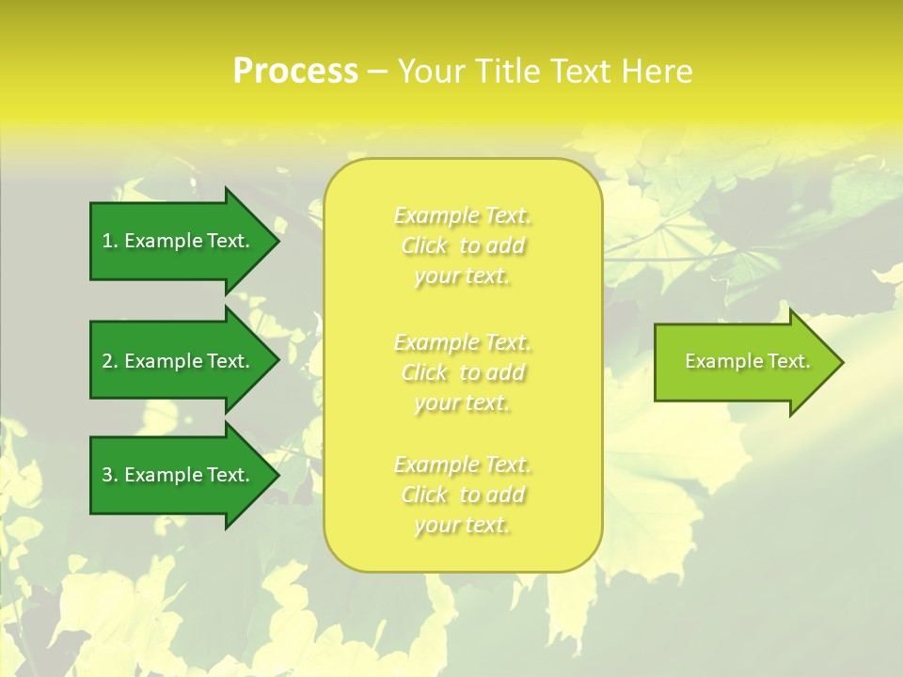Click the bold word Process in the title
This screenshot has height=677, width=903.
295,71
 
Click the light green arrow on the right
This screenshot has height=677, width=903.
743,362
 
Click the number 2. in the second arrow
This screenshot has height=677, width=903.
110,361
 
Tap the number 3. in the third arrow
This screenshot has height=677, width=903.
110,475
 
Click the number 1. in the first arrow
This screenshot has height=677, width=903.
110,241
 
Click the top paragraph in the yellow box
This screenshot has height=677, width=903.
462,245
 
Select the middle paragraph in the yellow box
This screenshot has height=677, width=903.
462,371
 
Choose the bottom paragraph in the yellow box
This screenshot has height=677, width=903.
462,495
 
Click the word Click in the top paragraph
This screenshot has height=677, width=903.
424,246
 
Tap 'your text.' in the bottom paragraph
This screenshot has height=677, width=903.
462,525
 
